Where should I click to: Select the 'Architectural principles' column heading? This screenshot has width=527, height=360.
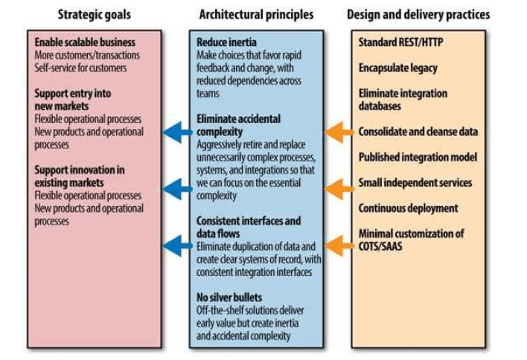point(256,14)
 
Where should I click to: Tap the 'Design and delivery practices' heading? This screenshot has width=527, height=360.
point(418,14)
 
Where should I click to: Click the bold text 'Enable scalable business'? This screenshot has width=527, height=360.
point(83,42)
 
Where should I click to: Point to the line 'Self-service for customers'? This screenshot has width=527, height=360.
point(80,68)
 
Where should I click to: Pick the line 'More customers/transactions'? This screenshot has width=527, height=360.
point(87,55)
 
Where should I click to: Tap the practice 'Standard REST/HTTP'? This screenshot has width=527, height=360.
point(400,42)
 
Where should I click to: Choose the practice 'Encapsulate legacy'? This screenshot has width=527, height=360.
point(397,68)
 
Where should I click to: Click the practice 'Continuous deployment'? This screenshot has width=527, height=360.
point(408,208)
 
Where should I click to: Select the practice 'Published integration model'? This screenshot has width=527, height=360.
point(418,157)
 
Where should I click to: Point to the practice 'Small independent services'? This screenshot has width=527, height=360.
point(415,182)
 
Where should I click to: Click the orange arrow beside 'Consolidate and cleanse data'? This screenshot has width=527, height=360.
point(339,132)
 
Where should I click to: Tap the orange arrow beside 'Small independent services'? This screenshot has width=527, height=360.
point(339,188)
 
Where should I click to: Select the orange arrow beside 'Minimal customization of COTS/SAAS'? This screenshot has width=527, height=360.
point(339,242)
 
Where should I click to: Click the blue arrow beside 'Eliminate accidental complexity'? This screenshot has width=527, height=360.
point(176,132)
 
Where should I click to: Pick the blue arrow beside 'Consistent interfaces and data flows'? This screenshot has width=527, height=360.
point(176,242)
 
